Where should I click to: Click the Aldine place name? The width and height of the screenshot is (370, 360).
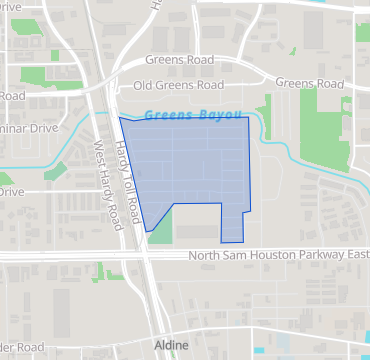pyautogui.click(x=170, y=344)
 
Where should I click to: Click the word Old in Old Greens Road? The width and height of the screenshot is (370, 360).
pyautogui.click(x=144, y=85)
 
